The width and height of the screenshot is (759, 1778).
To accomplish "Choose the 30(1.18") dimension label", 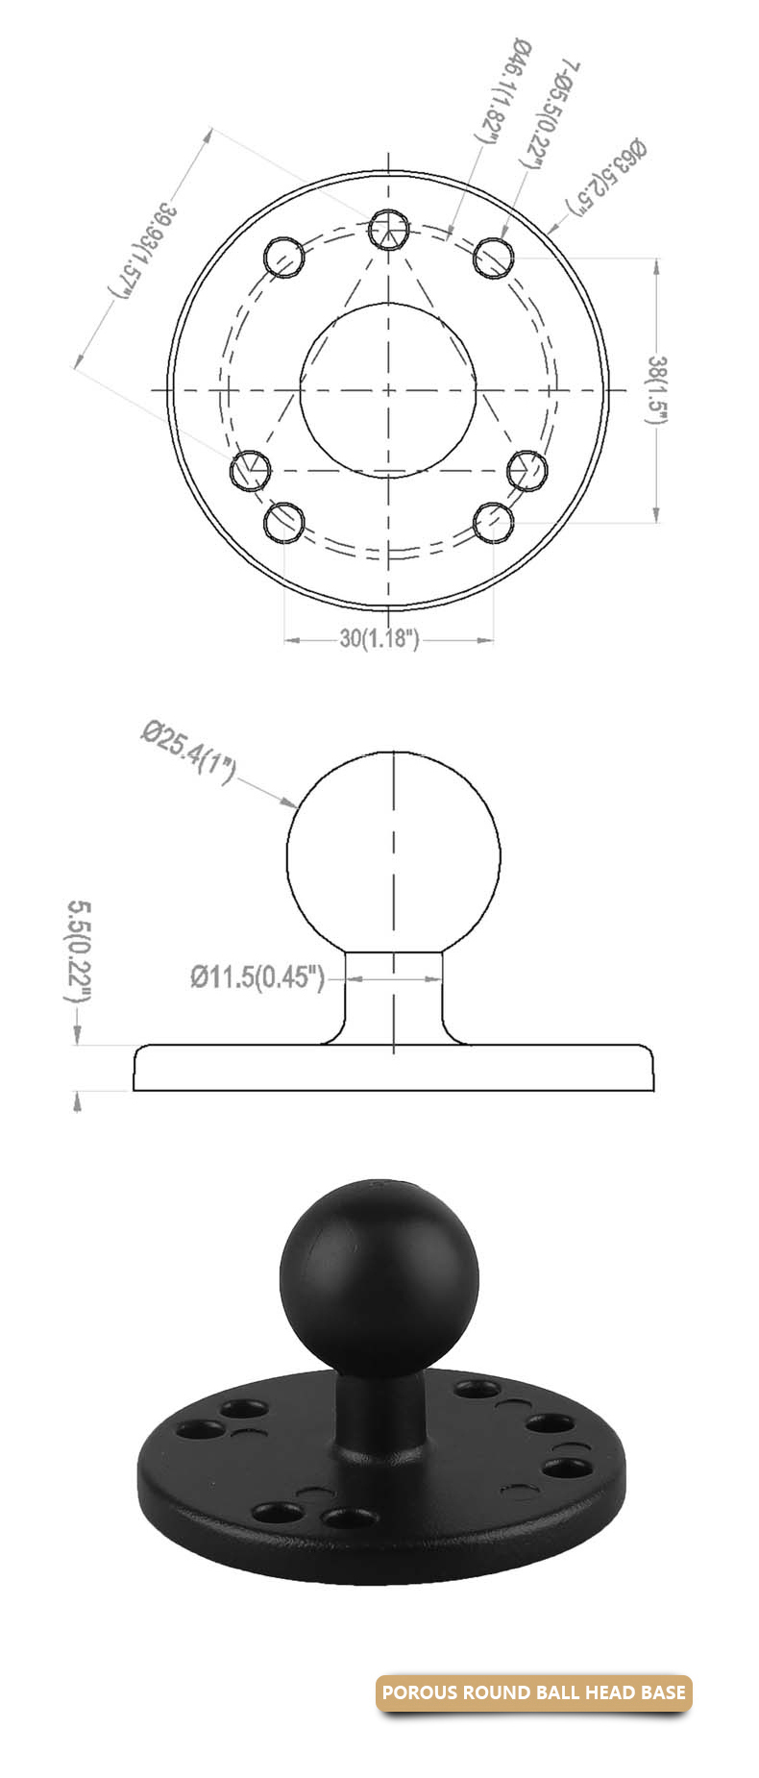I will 379,639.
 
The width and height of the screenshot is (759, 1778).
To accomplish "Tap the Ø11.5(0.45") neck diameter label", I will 257,977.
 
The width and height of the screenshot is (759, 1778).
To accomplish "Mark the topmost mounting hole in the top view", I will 389,229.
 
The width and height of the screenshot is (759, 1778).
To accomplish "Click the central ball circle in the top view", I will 387,389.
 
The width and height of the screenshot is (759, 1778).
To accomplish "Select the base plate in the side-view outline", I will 393,1069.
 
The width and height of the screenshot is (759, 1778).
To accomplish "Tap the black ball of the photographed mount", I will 378,1267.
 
